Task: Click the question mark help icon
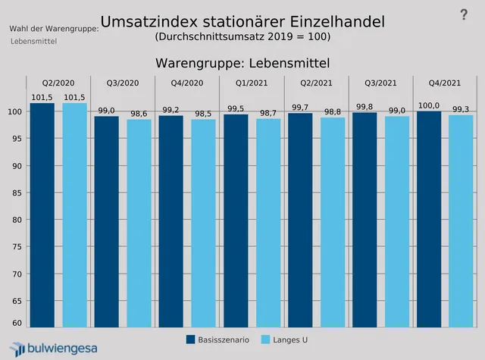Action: [464, 14]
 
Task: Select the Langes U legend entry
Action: [284, 340]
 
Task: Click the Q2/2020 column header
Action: [58, 83]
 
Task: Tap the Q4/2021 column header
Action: [445, 83]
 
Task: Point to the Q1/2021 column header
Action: [252, 83]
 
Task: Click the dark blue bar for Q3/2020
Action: [107, 220]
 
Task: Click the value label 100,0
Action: [429, 105]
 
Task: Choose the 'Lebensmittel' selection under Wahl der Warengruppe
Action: [34, 41]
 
